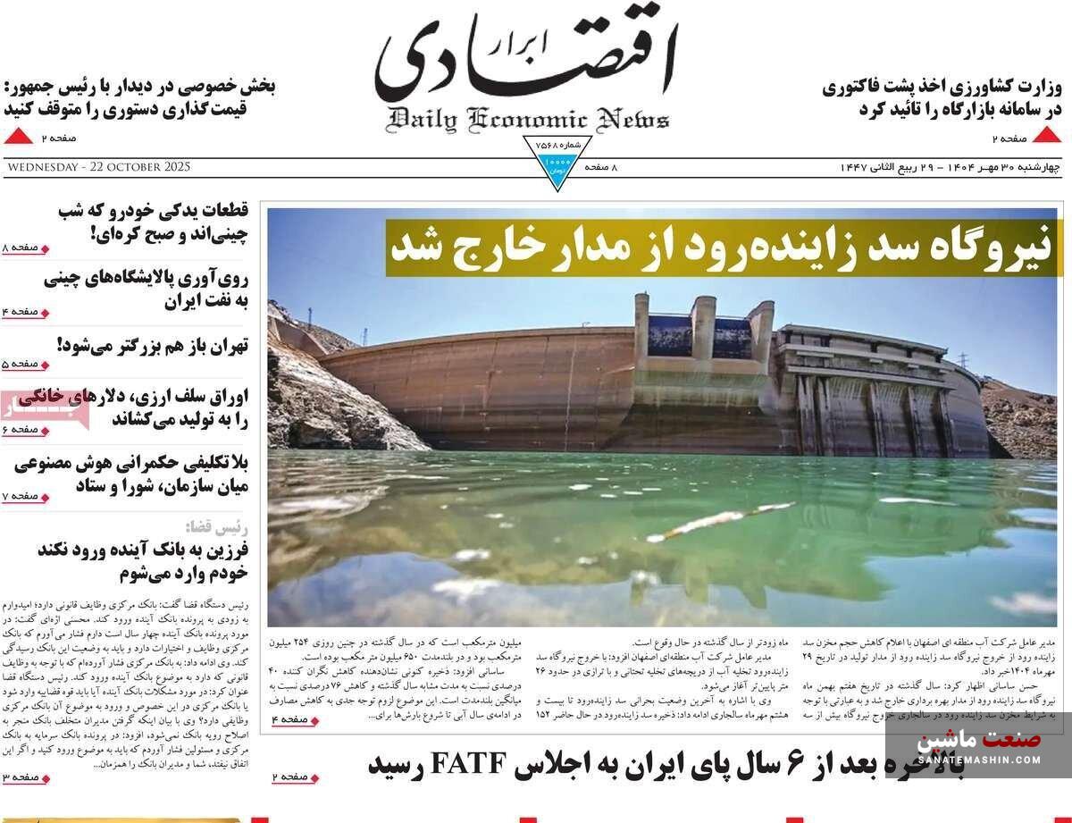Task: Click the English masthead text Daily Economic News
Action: click(x=527, y=119)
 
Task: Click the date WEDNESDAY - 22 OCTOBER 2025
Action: click(x=97, y=167)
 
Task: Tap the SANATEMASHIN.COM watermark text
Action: click(x=978, y=760)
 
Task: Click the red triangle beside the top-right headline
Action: click(x=1046, y=137)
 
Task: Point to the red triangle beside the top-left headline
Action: click(x=18, y=137)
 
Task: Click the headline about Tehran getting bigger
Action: click(x=152, y=345)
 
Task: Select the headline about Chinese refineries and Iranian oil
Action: click(x=146, y=289)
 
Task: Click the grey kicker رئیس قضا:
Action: click(x=216, y=526)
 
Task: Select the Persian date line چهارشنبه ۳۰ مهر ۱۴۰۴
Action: click(x=992, y=167)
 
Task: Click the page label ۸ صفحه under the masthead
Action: click(x=601, y=167)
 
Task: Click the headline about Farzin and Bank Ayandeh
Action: click(x=143, y=560)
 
